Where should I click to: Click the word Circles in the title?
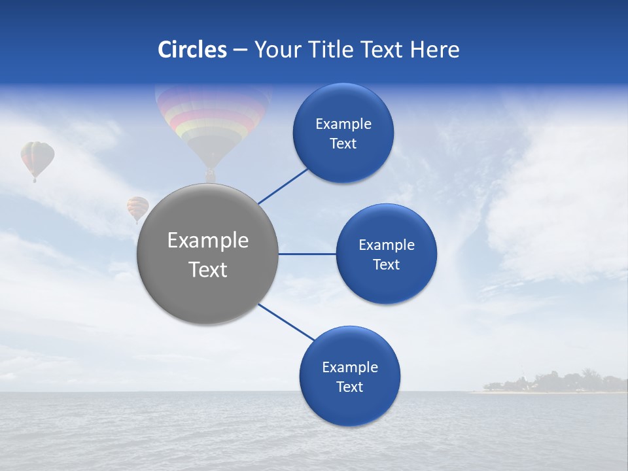pos(192,50)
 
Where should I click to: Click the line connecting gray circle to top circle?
pos(283,186)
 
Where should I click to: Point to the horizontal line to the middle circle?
pos(307,254)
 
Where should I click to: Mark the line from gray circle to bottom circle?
pos(285,322)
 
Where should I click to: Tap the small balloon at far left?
pos(37,158)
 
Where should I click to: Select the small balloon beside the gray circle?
pos(137,208)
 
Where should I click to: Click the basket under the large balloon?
pos(210,175)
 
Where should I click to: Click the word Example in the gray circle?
pos(208,241)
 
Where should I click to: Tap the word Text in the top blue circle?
pos(343,144)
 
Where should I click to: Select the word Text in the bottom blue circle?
pos(349,387)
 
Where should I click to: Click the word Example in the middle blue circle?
pos(387,245)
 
